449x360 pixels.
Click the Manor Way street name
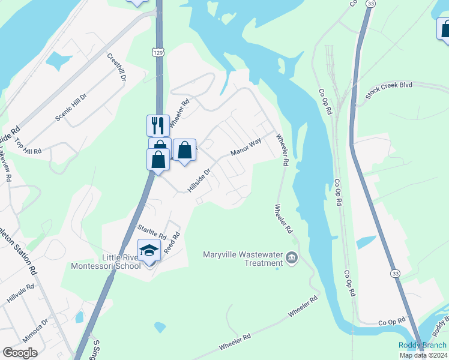tap(246, 146)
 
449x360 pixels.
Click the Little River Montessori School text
tap(106, 261)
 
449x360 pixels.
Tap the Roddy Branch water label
tap(423, 345)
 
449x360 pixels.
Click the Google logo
tap(20, 353)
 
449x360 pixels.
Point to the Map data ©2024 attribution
tap(423, 355)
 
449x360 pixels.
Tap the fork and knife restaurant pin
tap(158, 125)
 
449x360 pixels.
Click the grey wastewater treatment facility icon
tap(292, 258)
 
